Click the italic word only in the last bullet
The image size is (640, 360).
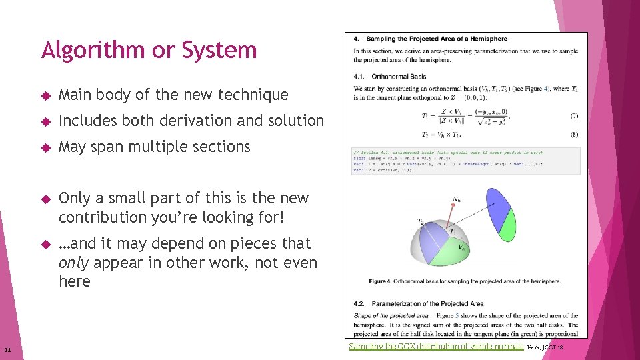(74, 263)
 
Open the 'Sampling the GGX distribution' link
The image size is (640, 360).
(436, 347)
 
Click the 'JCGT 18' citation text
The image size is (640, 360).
(553, 347)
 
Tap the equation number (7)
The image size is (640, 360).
(574, 115)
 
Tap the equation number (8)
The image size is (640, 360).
(574, 134)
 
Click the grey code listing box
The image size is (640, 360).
(466, 161)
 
